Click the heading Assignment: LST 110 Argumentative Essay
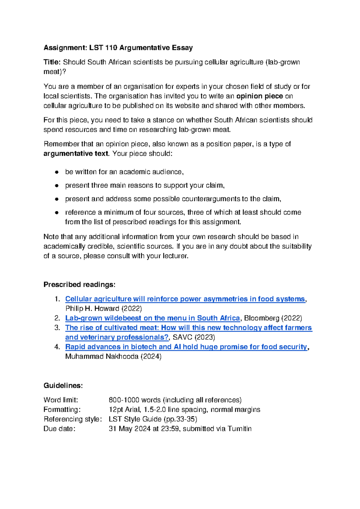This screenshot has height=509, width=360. (x=118, y=48)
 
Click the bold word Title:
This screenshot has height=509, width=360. (x=52, y=62)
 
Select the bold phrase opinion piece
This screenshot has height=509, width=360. (x=259, y=96)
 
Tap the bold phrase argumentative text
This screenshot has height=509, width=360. (x=76, y=154)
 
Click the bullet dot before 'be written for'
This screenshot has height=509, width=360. (x=56, y=172)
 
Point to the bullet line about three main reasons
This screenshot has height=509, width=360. (x=145, y=185)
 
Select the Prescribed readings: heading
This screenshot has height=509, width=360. (x=79, y=285)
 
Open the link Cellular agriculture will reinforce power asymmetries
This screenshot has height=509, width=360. (x=185, y=299)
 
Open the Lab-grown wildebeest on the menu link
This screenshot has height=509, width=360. (x=152, y=318)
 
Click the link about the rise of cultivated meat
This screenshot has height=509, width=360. (x=188, y=328)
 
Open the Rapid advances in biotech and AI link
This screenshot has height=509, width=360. (x=186, y=347)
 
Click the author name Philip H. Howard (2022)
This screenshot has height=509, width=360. (x=103, y=309)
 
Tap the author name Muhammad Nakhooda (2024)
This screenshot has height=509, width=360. (x=113, y=357)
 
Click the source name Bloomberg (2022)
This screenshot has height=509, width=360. (x=273, y=318)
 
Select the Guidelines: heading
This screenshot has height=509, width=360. (x=63, y=385)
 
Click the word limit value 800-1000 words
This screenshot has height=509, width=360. (x=135, y=400)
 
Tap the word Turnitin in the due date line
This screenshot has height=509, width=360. (x=239, y=429)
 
